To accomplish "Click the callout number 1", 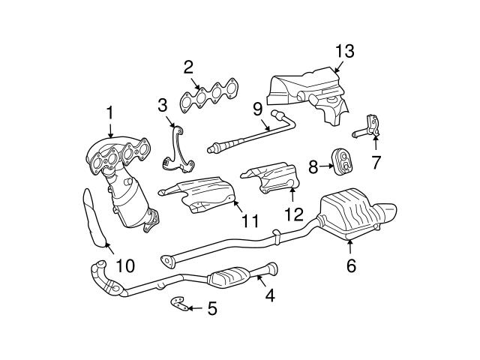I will [109, 115].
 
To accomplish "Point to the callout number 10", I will [124, 265].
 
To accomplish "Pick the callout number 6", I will [350, 265].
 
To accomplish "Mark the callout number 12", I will [293, 214].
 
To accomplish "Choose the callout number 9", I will [257, 108].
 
